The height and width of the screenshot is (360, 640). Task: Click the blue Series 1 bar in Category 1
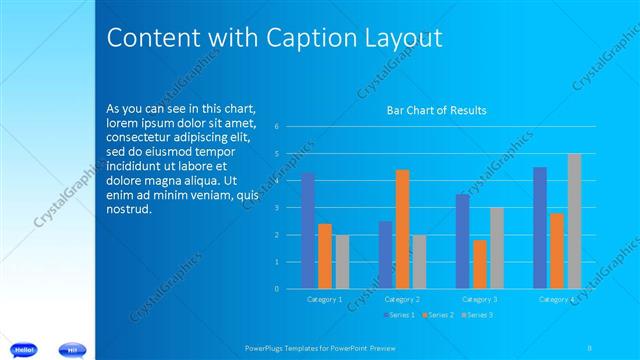[x=308, y=231]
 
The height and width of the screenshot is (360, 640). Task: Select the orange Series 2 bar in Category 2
[x=402, y=229]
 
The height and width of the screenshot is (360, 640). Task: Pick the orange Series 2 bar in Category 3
[x=480, y=264]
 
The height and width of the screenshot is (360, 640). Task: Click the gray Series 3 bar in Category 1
[x=342, y=262]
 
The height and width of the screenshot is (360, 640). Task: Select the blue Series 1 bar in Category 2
[x=385, y=255]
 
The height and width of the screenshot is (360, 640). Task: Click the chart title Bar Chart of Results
[x=436, y=110]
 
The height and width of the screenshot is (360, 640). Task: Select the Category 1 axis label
[x=324, y=299]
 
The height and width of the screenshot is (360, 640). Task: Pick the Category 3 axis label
[x=480, y=299]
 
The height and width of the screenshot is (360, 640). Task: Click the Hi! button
[x=73, y=349]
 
